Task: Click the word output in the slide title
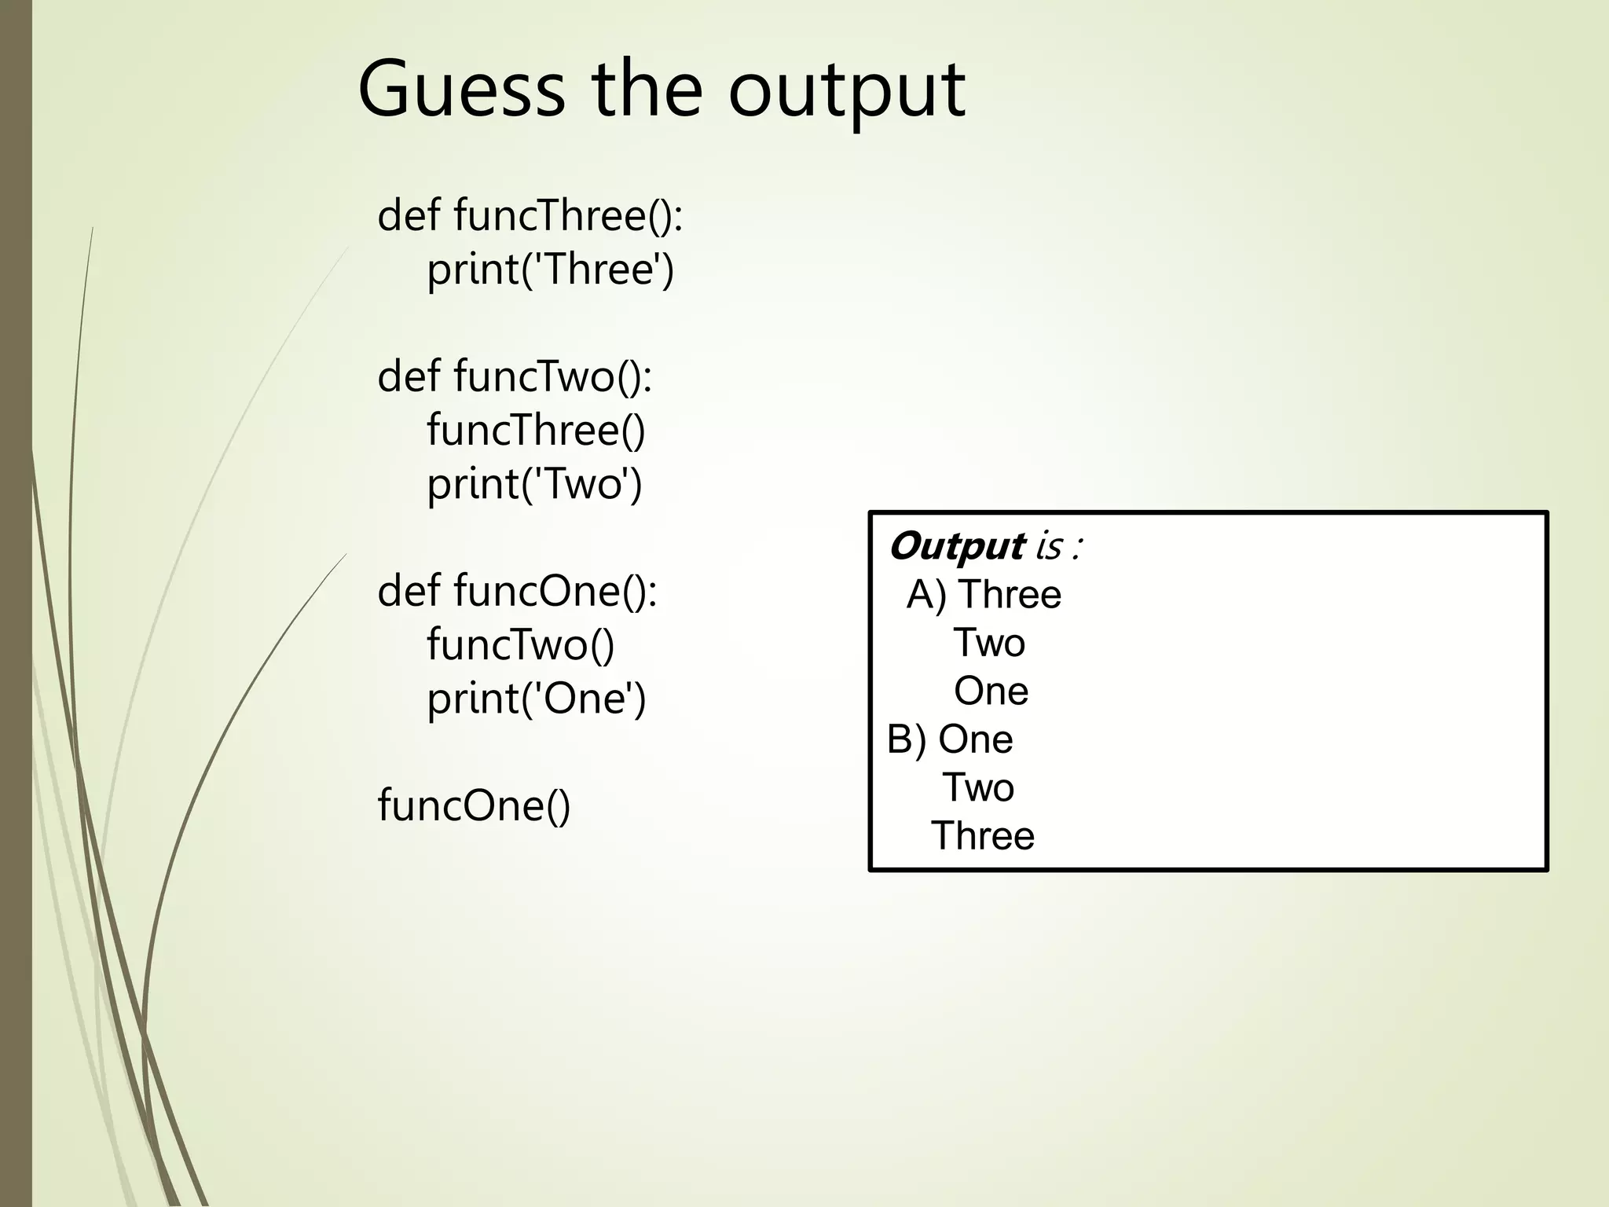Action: (x=846, y=91)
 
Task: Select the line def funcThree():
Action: (x=530, y=215)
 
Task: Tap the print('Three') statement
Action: (x=550, y=270)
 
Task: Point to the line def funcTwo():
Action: (x=515, y=376)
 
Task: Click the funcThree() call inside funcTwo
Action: (x=536, y=431)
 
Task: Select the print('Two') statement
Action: (x=534, y=484)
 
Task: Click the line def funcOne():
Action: (x=517, y=591)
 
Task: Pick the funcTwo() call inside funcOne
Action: (x=520, y=645)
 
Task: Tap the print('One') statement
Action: (x=536, y=699)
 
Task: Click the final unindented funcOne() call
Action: (x=474, y=805)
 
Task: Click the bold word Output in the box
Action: (x=956, y=545)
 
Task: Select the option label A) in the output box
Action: (x=926, y=595)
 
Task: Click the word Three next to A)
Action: (x=1010, y=595)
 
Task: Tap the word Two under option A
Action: (x=989, y=644)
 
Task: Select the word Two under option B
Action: (x=978, y=788)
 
